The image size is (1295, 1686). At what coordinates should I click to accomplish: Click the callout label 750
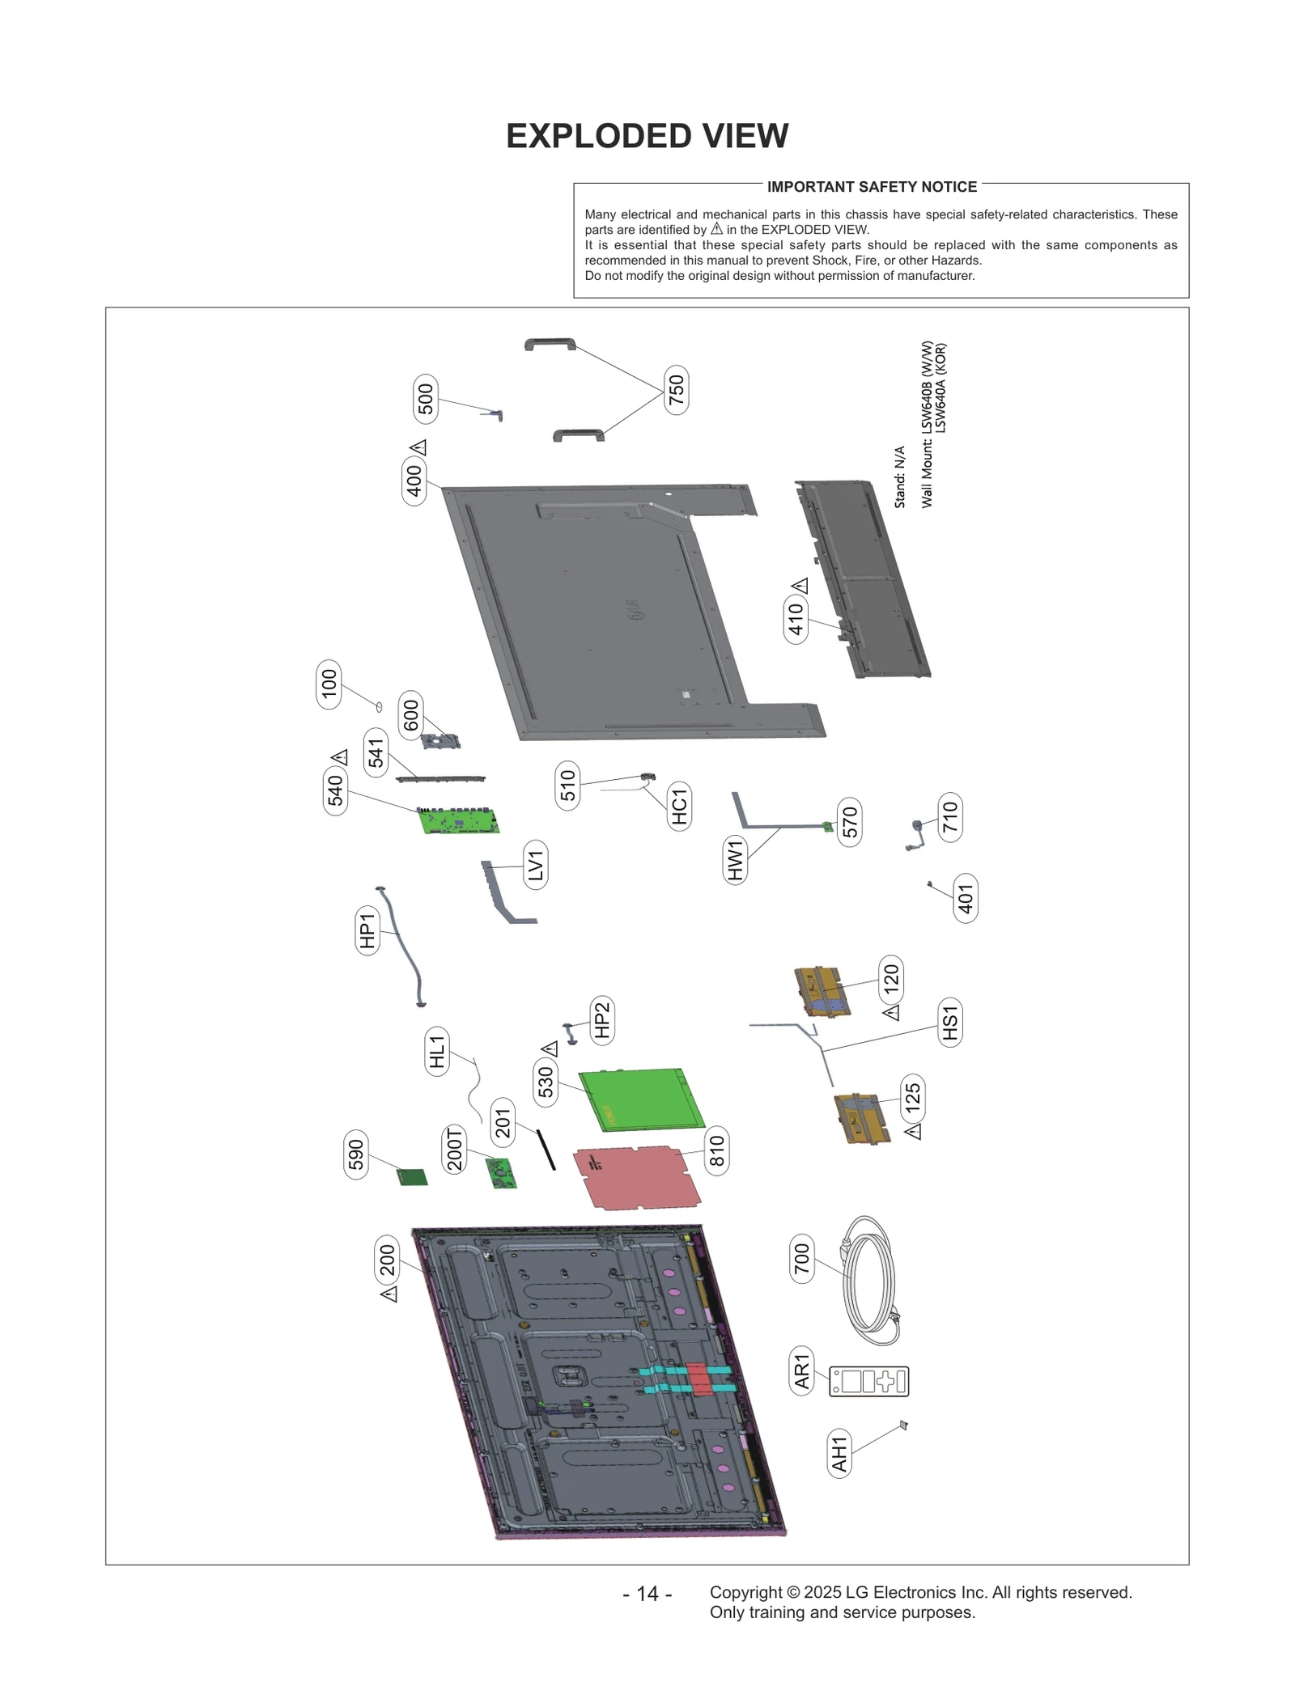click(x=677, y=390)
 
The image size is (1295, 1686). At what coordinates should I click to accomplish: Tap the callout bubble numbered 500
click(x=425, y=399)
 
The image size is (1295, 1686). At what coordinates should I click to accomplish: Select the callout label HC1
click(x=679, y=807)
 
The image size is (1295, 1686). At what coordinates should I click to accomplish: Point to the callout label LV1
click(x=535, y=865)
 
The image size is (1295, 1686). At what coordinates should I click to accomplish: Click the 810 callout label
click(x=716, y=1150)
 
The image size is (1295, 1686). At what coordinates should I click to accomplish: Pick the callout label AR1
click(x=801, y=1371)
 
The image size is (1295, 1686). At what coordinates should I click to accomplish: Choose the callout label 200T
click(x=455, y=1149)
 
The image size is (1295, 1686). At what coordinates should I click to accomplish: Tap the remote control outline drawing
click(x=869, y=1381)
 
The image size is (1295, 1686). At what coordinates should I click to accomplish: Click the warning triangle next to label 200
click(x=389, y=1294)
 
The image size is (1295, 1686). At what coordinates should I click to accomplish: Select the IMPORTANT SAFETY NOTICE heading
click(x=872, y=187)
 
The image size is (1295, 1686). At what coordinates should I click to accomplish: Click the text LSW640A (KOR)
click(x=940, y=388)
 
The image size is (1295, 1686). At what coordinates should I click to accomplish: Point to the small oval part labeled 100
click(x=379, y=707)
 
